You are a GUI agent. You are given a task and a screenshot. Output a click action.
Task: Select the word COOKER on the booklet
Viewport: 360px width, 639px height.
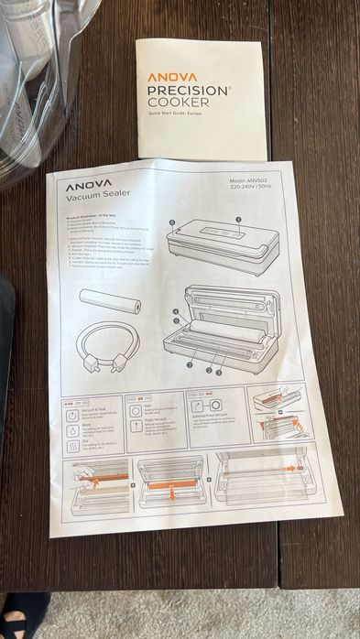[x=177, y=103]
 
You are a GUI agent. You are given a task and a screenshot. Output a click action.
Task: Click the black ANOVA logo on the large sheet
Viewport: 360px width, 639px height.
[x=89, y=183]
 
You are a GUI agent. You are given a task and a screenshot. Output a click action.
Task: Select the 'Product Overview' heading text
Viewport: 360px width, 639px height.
[x=88, y=219]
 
